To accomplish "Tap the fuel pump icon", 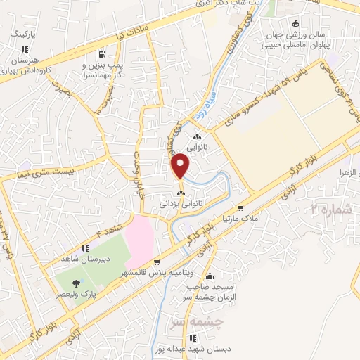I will (103, 54).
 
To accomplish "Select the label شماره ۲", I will (330, 209).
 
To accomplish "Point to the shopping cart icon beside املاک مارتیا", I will (241, 208).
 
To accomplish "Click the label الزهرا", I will (348, 172).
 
